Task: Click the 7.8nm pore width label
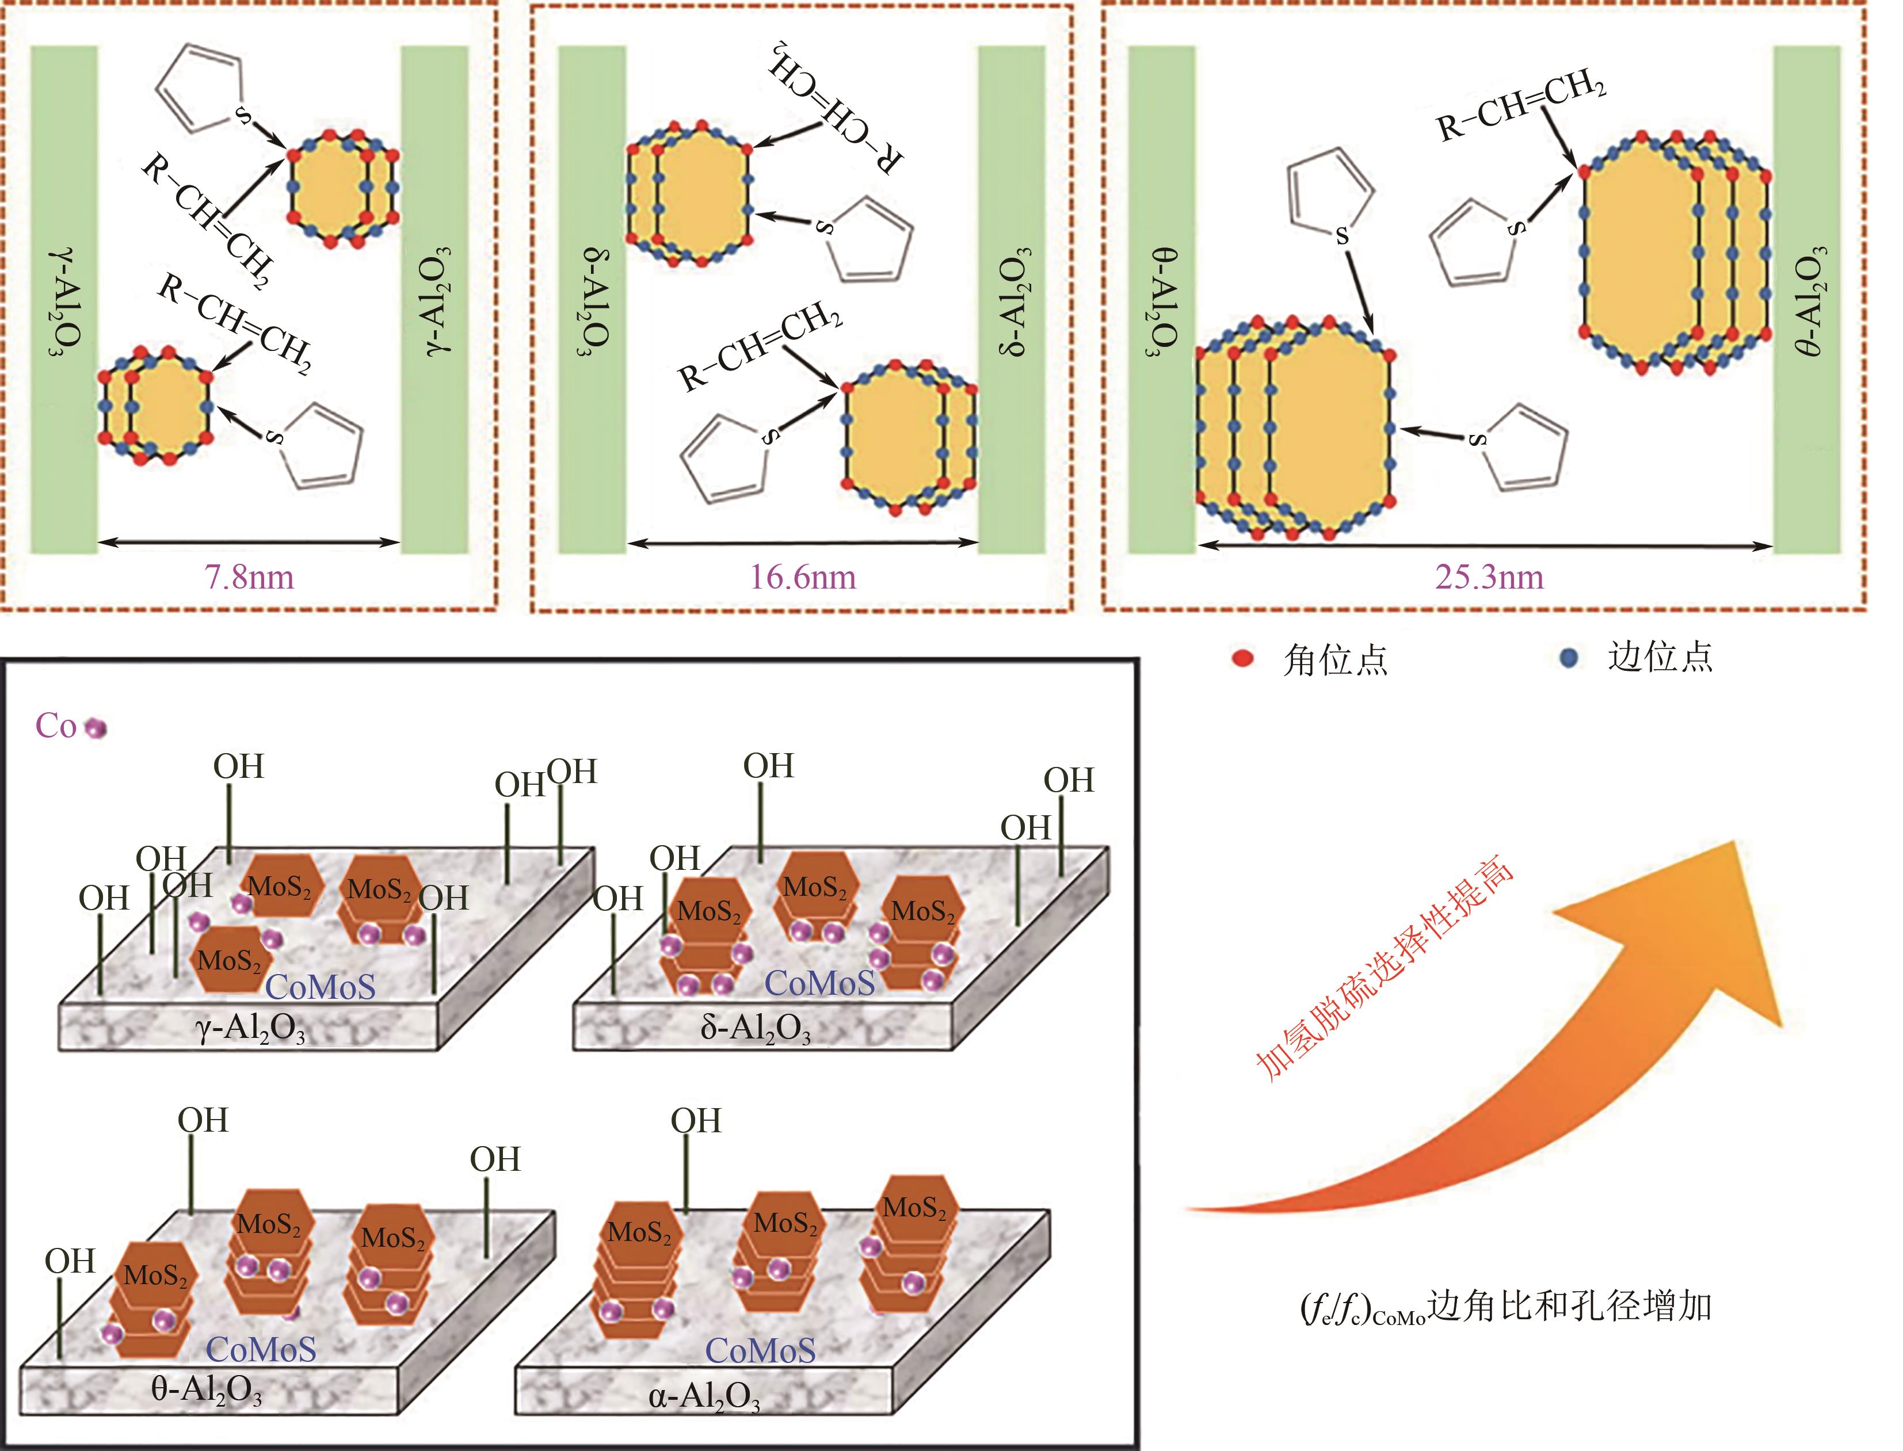[249, 577]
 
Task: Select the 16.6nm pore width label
[803, 577]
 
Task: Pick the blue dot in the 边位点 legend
[1568, 658]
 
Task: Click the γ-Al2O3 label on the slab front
[250, 1028]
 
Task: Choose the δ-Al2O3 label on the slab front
[756, 1028]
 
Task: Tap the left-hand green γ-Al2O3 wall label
[66, 302]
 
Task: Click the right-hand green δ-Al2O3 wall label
[1012, 300]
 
